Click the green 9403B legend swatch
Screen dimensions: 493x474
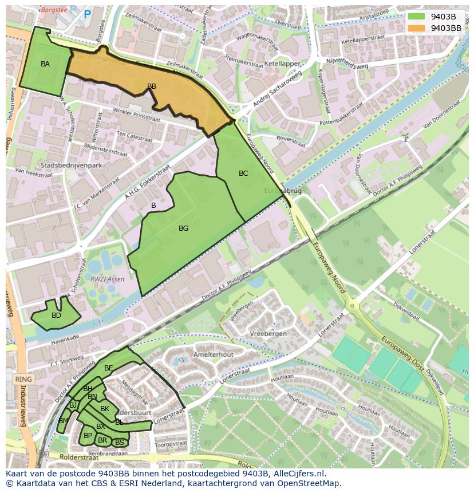(x=416, y=17)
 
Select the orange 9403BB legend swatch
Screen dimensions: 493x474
(x=416, y=28)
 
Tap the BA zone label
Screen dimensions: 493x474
(x=45, y=64)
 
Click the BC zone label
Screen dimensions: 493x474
(x=243, y=173)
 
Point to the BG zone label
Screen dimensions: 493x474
(x=183, y=228)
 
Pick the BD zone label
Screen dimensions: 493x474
(x=56, y=315)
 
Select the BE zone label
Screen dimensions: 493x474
(x=108, y=368)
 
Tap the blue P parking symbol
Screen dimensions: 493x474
(x=87, y=14)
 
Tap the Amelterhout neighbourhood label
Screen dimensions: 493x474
(x=213, y=354)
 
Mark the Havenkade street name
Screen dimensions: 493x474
(x=65, y=338)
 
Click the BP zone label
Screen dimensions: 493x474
(x=88, y=436)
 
